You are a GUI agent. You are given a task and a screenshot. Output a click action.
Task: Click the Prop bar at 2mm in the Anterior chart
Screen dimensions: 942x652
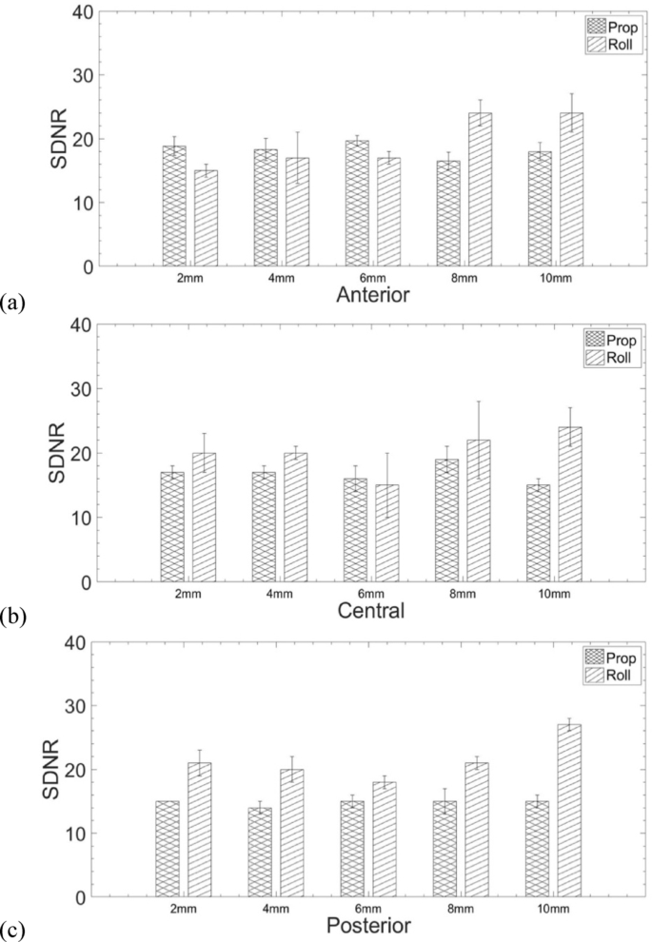[x=174, y=206]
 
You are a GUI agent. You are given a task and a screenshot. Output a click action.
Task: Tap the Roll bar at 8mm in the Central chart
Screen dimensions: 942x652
[x=478, y=510]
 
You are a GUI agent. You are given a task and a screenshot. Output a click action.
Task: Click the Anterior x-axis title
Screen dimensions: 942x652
[x=373, y=295]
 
